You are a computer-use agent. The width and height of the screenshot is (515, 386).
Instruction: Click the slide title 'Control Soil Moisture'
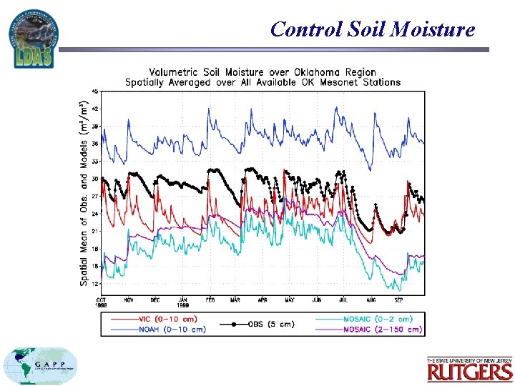coord(373,29)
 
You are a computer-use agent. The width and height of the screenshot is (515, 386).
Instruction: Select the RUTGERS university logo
coord(470,369)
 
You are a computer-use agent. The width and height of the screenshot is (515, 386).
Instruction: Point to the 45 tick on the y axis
coord(94,91)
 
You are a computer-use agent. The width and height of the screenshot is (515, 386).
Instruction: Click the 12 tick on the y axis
coord(94,283)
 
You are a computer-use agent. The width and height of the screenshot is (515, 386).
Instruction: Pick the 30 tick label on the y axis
coord(94,178)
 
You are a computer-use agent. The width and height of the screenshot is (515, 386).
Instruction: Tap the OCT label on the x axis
coord(102,300)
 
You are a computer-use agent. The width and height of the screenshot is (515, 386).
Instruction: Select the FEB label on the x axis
coord(210,300)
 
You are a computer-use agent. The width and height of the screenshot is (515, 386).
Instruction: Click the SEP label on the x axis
coord(399,300)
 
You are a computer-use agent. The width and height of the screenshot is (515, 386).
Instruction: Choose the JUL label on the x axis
coord(344,300)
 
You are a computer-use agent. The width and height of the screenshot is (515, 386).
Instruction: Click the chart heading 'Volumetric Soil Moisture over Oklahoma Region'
coord(262,71)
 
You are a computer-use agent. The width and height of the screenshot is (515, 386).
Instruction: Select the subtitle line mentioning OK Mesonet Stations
coord(262,81)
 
